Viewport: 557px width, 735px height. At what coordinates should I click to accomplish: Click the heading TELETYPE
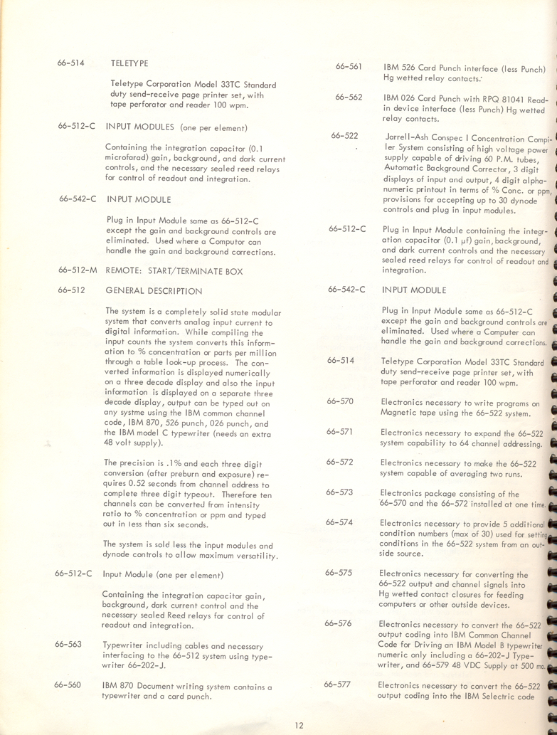tap(129, 63)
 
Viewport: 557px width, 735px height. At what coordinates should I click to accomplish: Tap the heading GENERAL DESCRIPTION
tap(154, 291)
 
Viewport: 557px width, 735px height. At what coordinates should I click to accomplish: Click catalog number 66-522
tap(344, 135)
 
